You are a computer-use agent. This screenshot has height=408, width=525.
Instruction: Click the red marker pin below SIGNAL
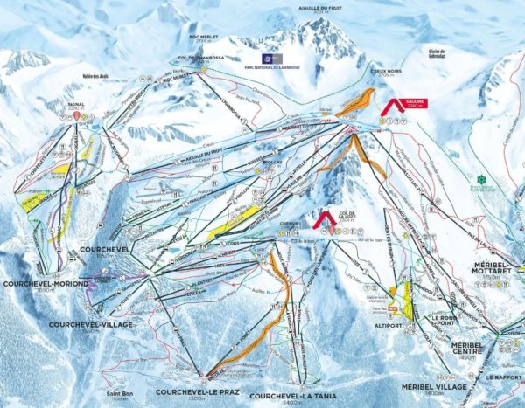pos(77,115)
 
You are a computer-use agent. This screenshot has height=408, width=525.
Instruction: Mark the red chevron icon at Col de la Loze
pos(324,218)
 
